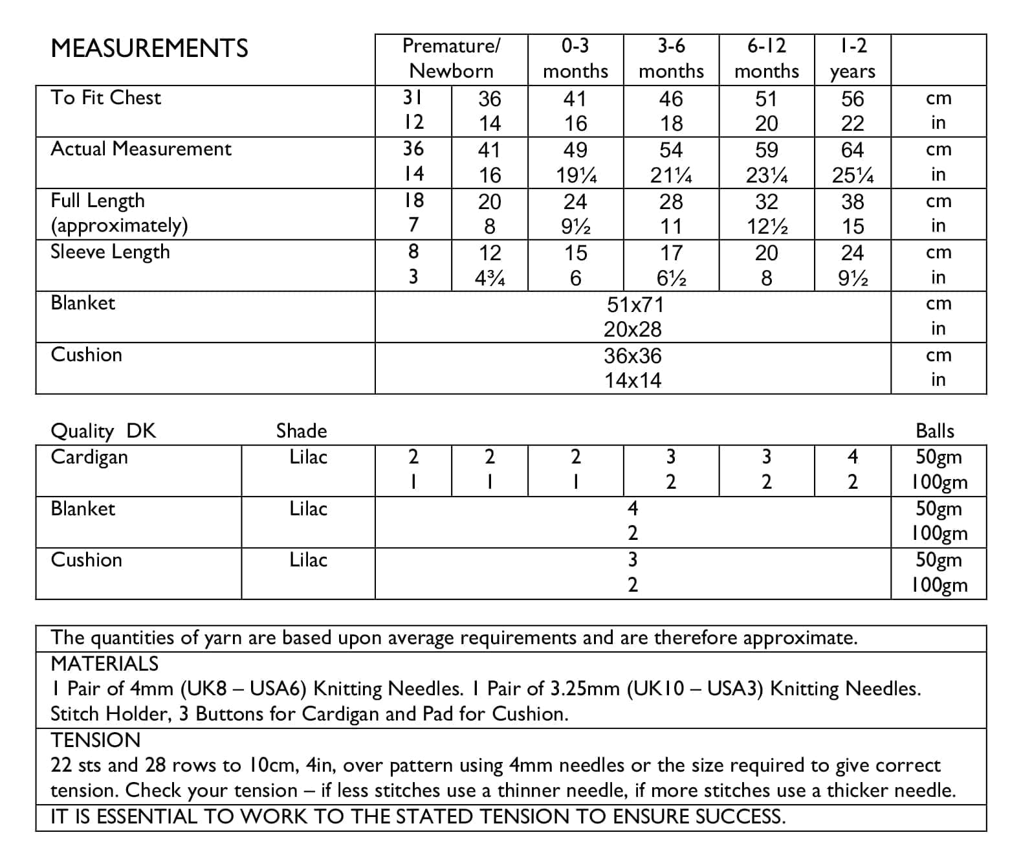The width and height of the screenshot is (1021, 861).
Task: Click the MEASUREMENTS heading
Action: [x=149, y=49]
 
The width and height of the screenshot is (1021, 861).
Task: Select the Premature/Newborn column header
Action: [x=451, y=58]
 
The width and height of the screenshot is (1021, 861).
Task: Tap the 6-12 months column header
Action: [x=767, y=58]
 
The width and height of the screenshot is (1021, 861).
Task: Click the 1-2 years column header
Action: [x=853, y=58]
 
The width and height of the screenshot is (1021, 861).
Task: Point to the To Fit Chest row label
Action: [x=106, y=98]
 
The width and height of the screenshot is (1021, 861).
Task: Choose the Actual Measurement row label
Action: [x=141, y=149]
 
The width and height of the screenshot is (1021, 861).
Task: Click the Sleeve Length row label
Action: [x=110, y=252]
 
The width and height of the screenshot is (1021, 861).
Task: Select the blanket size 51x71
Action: [x=633, y=304]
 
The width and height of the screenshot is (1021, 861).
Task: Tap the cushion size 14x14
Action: [x=633, y=380]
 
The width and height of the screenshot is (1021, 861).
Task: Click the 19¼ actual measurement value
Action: [x=576, y=175]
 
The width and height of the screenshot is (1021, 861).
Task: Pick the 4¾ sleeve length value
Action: [x=490, y=278]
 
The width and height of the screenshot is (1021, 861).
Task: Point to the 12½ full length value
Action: [x=767, y=227]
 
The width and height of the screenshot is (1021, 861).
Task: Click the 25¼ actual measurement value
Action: [x=853, y=175]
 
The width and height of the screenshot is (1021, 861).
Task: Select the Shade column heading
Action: [x=302, y=431]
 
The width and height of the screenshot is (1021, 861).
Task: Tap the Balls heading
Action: [x=935, y=431]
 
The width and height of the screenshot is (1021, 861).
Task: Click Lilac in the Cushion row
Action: [x=308, y=560]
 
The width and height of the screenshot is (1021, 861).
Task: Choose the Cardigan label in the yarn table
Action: [x=89, y=457]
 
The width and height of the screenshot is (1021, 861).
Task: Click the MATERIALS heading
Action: [x=104, y=664]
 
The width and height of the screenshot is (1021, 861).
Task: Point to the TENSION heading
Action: [x=95, y=740]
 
